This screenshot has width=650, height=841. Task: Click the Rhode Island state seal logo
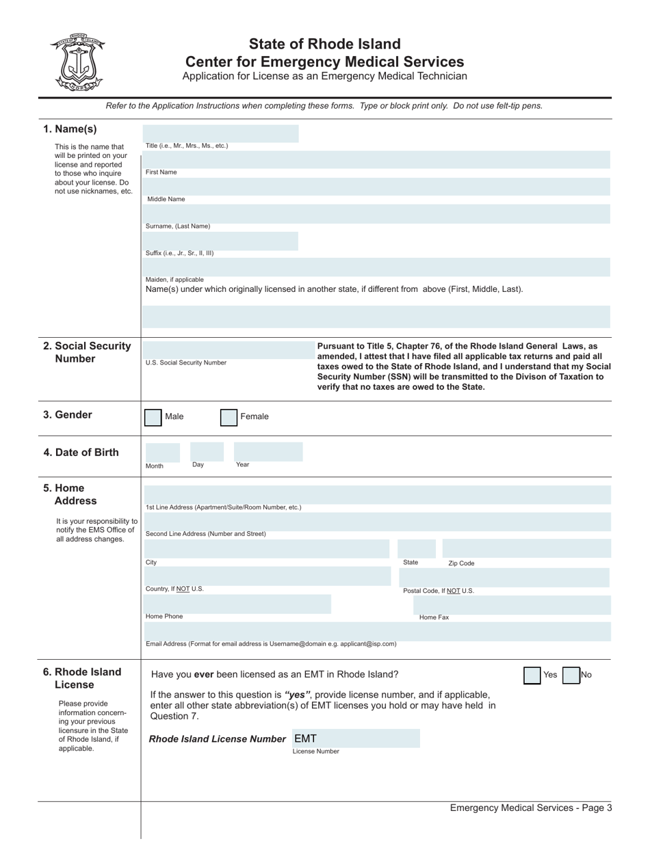coord(77,62)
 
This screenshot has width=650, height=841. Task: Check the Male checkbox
coord(153,417)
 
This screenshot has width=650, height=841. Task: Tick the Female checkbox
coord(229,417)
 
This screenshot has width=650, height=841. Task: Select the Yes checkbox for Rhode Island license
coord(532,675)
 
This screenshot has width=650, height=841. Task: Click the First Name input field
coord(376,160)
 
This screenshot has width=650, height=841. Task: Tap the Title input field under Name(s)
coord(220,133)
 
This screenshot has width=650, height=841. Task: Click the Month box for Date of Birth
coord(161,452)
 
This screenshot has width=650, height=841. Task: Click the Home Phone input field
coord(237,604)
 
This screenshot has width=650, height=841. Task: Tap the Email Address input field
coord(376,631)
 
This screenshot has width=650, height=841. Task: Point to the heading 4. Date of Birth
coord(81,453)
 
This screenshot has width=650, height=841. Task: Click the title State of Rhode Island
coord(324,44)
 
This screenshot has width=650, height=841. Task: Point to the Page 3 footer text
coord(530,808)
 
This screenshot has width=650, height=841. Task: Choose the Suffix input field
coord(220,240)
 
